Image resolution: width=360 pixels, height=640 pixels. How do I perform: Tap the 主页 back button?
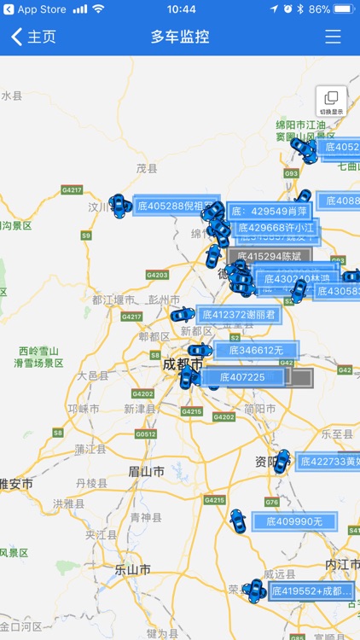pyautogui.click(x=34, y=37)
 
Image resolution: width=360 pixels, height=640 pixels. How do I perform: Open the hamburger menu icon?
pyautogui.click(x=333, y=37)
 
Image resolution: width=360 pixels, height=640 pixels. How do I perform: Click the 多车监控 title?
pyautogui.click(x=180, y=37)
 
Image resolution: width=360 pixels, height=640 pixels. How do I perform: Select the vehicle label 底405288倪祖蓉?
pyautogui.click(x=175, y=206)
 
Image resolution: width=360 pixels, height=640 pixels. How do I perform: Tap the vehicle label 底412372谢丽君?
pyautogui.click(x=238, y=314)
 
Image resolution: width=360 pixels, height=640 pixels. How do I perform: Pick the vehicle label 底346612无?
pyautogui.click(x=255, y=350)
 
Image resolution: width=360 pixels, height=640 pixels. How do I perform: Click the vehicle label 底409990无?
pyautogui.click(x=294, y=521)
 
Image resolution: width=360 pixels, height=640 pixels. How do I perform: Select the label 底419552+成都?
pyautogui.click(x=311, y=590)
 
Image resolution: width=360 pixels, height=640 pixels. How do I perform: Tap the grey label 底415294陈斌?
pyautogui.click(x=270, y=256)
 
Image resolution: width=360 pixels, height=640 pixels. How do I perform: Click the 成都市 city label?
pyautogui.click(x=182, y=364)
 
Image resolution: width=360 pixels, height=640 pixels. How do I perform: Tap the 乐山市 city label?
pyautogui.click(x=134, y=569)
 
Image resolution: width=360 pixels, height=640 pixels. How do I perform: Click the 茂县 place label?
pyautogui.click(x=148, y=169)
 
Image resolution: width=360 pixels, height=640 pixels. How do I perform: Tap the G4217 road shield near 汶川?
pyautogui.click(x=72, y=189)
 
